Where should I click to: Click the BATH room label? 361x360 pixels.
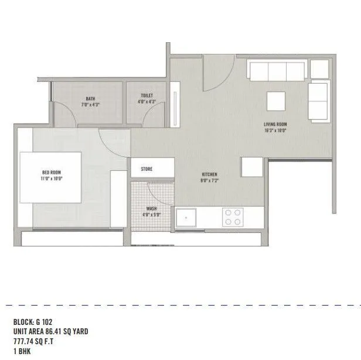[90, 99]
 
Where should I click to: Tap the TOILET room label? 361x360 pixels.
[147, 95]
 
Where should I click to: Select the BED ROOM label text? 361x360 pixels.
[52, 172]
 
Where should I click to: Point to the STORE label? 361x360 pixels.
[147, 169]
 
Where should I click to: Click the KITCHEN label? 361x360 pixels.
[209, 175]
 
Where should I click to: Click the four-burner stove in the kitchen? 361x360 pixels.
[233, 217]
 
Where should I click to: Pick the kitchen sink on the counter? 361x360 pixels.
[188, 217]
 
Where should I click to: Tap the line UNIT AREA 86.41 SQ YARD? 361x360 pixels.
[50, 331]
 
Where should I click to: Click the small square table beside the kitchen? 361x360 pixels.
[252, 167]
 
